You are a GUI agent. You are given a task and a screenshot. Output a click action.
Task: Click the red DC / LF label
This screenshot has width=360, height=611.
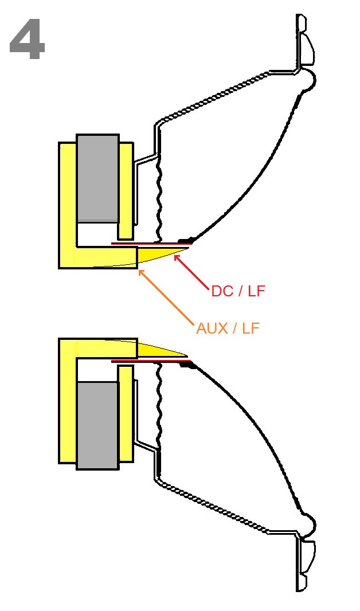pyautogui.click(x=238, y=291)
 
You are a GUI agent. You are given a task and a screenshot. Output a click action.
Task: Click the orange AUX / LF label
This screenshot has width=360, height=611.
pyautogui.click(x=228, y=328)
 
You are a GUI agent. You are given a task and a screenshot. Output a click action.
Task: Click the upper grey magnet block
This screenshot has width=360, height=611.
pyautogui.click(x=97, y=178)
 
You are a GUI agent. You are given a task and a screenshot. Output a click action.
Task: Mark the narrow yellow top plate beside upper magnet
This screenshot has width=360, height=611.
pyautogui.click(x=126, y=191)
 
